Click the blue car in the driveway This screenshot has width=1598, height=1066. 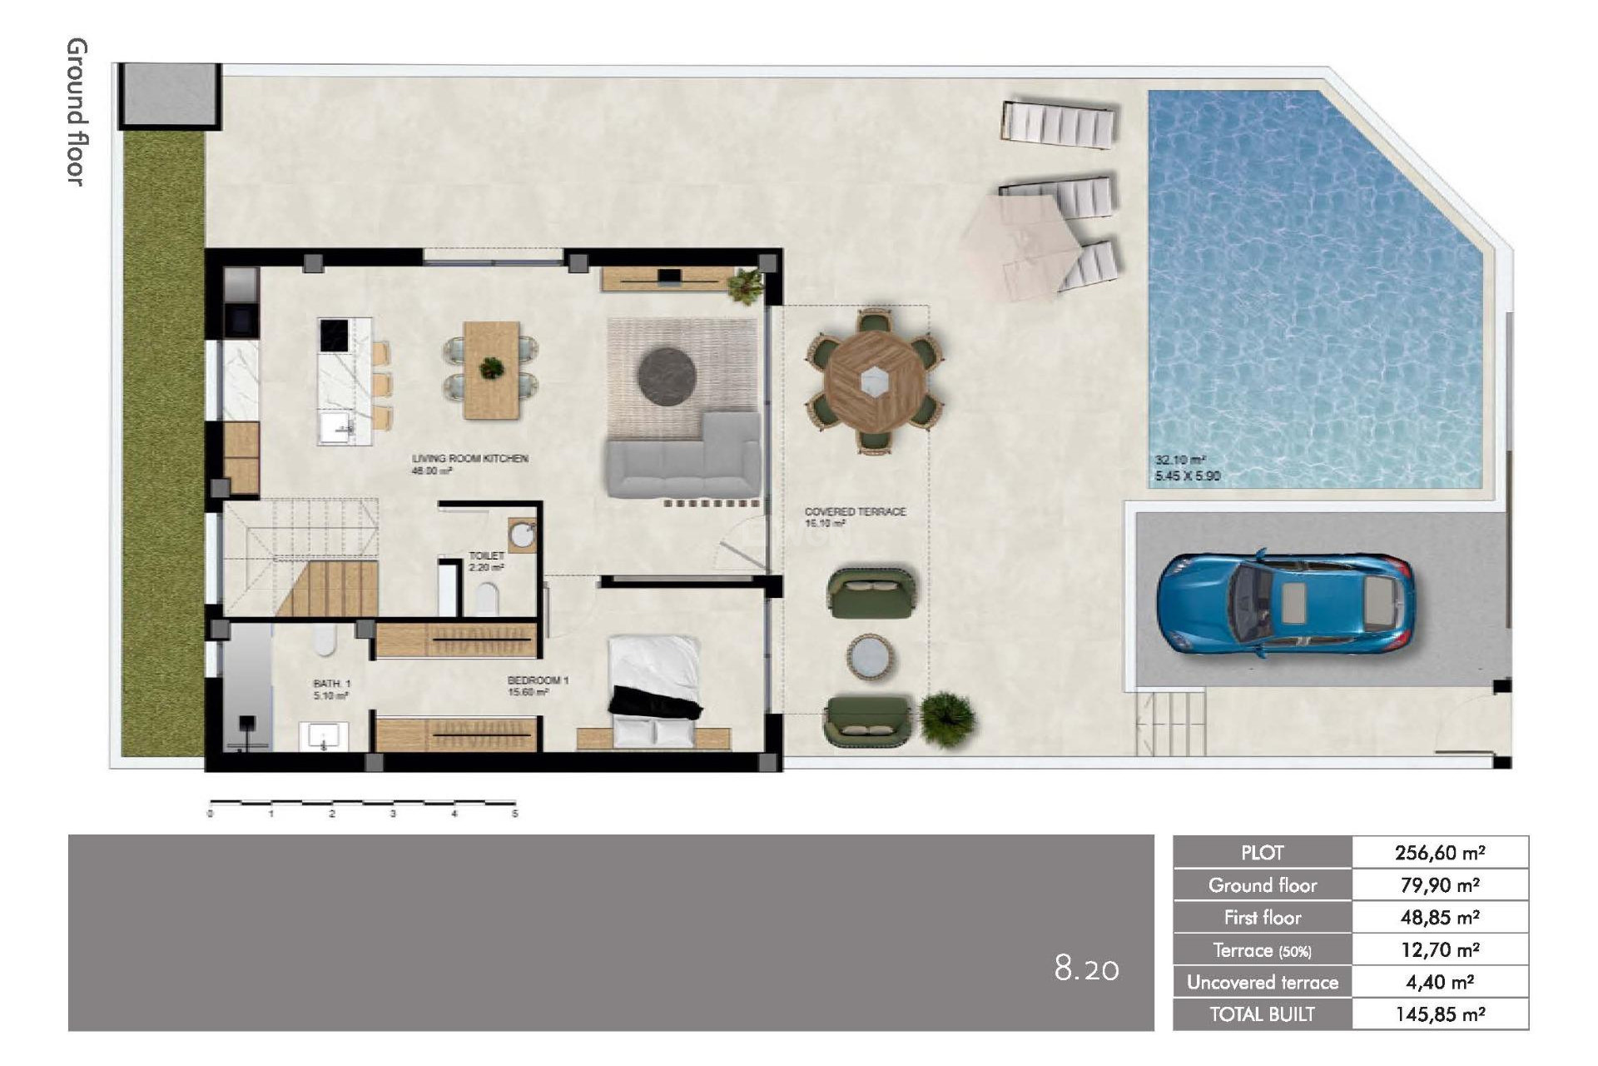pyautogui.click(x=1285, y=603)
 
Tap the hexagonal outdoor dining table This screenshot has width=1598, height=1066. pyautogui.click(x=874, y=381)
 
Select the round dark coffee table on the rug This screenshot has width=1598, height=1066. pyautogui.click(x=667, y=376)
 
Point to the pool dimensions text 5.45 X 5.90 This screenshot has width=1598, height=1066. pyautogui.click(x=1187, y=476)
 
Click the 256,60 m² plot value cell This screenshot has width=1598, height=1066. pyautogui.click(x=1440, y=853)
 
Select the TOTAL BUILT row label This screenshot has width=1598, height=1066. pyautogui.click(x=1262, y=1014)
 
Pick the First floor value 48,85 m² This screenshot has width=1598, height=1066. pyautogui.click(x=1440, y=918)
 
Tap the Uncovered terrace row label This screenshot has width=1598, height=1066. pyautogui.click(x=1262, y=983)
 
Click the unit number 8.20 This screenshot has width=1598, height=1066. pyautogui.click(x=1086, y=969)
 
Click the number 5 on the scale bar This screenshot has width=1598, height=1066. pyautogui.click(x=515, y=814)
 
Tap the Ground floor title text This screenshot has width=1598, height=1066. pyautogui.click(x=77, y=112)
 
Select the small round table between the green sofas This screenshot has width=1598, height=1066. pyautogui.click(x=870, y=657)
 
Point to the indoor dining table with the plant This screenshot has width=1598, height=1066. pyautogui.click(x=491, y=369)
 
